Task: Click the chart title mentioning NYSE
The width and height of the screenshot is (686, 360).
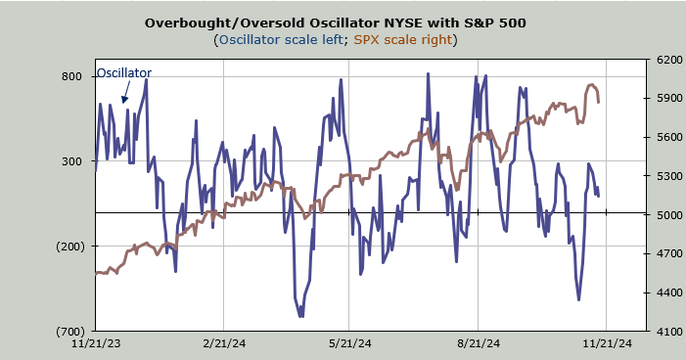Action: pos(335,22)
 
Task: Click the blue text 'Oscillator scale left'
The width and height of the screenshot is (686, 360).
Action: pos(281,40)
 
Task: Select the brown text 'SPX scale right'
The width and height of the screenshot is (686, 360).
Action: pos(402,40)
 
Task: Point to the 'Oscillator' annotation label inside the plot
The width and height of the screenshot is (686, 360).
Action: pos(124,72)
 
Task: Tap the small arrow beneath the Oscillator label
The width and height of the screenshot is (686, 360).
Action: pos(126,93)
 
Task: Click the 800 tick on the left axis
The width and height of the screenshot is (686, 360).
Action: pos(71,76)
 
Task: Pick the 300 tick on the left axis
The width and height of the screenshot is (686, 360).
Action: pos(71,161)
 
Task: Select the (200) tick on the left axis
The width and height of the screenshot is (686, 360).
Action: pos(70,247)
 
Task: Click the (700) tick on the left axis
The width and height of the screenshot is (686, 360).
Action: pos(70,331)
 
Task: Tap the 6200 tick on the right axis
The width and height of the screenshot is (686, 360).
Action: pos(669,60)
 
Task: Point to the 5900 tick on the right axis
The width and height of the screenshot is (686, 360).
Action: pos(669,98)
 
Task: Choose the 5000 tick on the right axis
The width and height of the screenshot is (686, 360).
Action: pos(669,215)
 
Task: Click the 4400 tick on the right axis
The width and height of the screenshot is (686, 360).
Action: pos(669,292)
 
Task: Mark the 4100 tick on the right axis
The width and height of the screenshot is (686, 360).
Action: pos(669,331)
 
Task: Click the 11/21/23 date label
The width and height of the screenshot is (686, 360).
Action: pos(96,343)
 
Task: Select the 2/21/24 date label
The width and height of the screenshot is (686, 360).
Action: pos(223,343)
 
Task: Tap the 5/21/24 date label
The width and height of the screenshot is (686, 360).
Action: pos(349,343)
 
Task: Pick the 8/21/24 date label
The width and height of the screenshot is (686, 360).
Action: pos(479,343)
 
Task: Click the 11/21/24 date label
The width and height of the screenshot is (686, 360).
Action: pos(608,343)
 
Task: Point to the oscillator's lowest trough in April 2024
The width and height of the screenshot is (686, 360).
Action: pos(301,316)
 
